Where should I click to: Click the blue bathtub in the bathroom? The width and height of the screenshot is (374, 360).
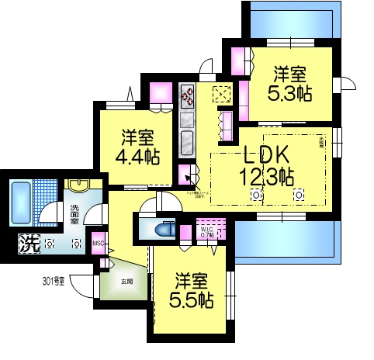pyautogui.click(x=20, y=200)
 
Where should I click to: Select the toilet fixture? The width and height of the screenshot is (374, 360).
pyautogui.click(x=164, y=229)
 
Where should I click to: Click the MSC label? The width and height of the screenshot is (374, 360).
pyautogui.click(x=98, y=243)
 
